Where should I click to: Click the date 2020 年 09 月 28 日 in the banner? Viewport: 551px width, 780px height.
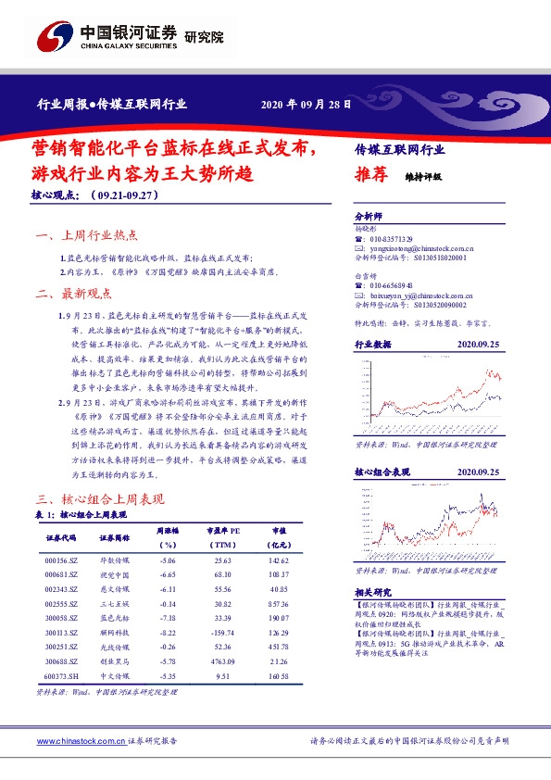pyautogui.click(x=307, y=105)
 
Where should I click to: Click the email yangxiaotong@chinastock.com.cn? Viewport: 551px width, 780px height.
pyautogui.click(x=420, y=248)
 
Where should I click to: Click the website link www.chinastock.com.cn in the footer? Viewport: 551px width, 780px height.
pyautogui.click(x=81, y=742)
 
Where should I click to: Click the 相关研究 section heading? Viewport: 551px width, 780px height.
pyautogui.click(x=375, y=591)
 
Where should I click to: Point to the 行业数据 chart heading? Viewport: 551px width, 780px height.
pyautogui.click(x=374, y=344)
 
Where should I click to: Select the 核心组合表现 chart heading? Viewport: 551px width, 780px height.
pyautogui.click(x=382, y=472)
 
